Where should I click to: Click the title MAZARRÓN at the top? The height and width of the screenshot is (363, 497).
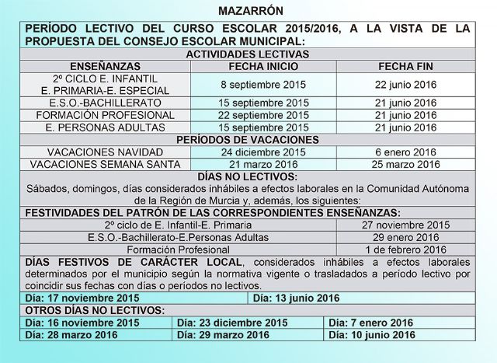click(x=251, y=11)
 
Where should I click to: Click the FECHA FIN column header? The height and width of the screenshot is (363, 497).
click(x=405, y=66)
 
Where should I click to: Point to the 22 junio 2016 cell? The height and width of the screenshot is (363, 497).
click(x=405, y=84)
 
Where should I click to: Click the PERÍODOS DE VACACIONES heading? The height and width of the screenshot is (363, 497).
click(x=248, y=140)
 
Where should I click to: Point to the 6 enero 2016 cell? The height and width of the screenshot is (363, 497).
click(x=405, y=152)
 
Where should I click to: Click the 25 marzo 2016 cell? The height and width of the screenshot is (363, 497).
click(x=405, y=165)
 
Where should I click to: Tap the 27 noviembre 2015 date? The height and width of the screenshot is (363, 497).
click(x=405, y=225)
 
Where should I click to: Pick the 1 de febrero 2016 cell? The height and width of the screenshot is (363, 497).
click(x=405, y=250)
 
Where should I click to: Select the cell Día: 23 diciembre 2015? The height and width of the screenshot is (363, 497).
click(x=233, y=323)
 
